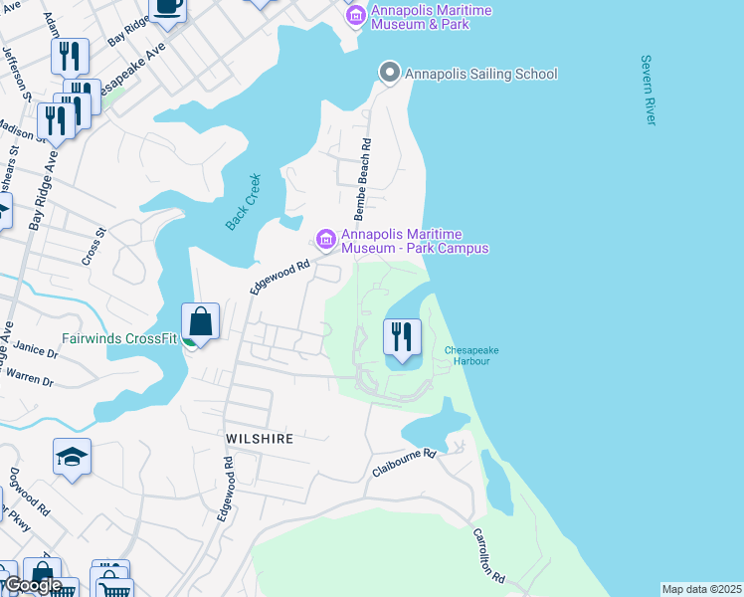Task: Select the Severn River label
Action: (x=650, y=91)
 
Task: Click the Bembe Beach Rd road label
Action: (x=363, y=180)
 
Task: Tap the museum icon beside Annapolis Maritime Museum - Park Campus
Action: (x=325, y=239)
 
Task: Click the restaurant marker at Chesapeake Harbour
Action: (x=402, y=337)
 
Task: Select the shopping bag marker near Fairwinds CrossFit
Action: (x=201, y=322)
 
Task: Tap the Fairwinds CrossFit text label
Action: (x=118, y=338)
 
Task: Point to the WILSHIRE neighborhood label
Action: (x=258, y=438)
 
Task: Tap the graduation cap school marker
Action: (x=72, y=457)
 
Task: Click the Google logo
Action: (x=33, y=584)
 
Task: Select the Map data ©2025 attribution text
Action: (x=700, y=589)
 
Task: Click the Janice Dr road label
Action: (x=37, y=350)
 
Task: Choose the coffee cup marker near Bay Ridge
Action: (x=167, y=6)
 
